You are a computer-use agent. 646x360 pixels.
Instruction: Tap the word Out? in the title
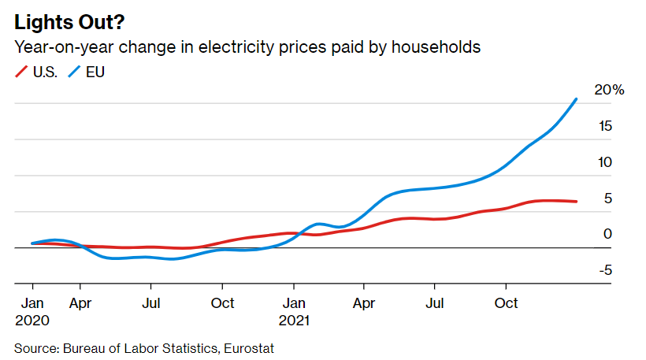[x=100, y=22]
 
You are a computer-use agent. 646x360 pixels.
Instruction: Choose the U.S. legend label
[x=45, y=72]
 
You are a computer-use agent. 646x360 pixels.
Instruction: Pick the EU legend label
[x=95, y=72]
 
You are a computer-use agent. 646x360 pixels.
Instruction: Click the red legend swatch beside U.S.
[x=22, y=72]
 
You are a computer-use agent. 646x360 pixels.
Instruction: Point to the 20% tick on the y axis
[x=609, y=91]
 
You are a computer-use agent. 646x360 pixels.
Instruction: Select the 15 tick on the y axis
[x=605, y=126]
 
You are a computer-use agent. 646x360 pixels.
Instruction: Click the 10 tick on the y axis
[x=605, y=162]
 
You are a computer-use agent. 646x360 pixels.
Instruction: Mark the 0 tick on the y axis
[x=607, y=234]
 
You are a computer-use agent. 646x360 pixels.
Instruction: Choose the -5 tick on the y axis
[x=605, y=270]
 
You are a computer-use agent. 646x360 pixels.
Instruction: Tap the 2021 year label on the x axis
[x=293, y=321]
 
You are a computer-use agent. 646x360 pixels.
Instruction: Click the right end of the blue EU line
[x=577, y=99]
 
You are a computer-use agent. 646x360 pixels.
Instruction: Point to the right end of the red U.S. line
[x=577, y=202]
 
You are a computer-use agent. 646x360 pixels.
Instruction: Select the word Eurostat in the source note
[x=249, y=347]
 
